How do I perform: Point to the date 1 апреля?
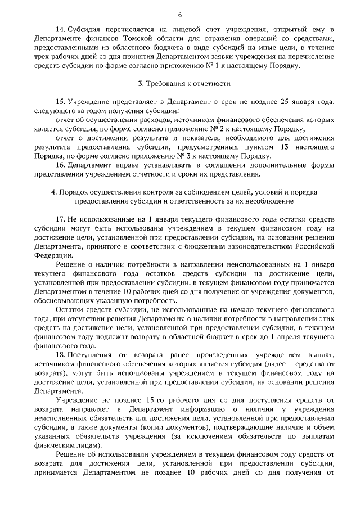283,338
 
